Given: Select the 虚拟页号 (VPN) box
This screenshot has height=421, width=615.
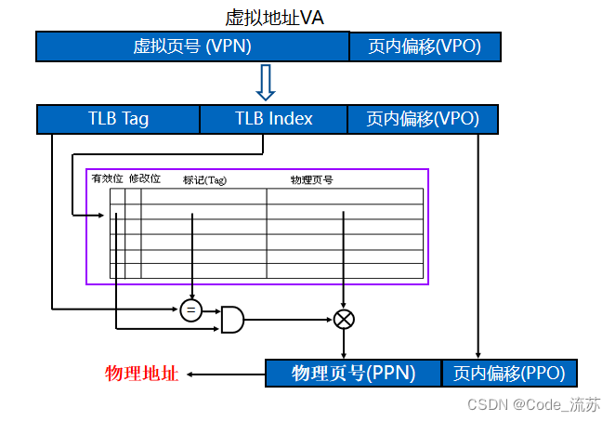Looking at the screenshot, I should (x=192, y=46).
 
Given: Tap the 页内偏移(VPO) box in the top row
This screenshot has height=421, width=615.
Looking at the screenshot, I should (x=424, y=46).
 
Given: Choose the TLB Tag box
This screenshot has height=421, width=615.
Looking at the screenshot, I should (x=118, y=119).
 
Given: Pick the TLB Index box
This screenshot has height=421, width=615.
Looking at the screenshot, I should (x=273, y=119).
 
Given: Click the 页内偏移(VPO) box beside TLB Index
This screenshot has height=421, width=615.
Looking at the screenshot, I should (x=423, y=119).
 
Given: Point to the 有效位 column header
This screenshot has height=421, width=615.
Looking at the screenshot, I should (x=107, y=178).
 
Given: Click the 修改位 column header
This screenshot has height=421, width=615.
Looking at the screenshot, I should (x=144, y=178).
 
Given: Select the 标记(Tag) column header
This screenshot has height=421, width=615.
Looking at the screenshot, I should (x=204, y=179).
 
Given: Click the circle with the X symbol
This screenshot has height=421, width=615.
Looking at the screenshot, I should (x=345, y=320).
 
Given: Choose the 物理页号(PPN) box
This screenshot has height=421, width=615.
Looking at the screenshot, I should (x=353, y=374).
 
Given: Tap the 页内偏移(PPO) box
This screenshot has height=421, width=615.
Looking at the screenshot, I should (x=509, y=374).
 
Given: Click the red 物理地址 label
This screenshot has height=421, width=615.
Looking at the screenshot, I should (x=141, y=374).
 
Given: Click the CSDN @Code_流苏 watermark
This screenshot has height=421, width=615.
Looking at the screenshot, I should (x=533, y=405).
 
